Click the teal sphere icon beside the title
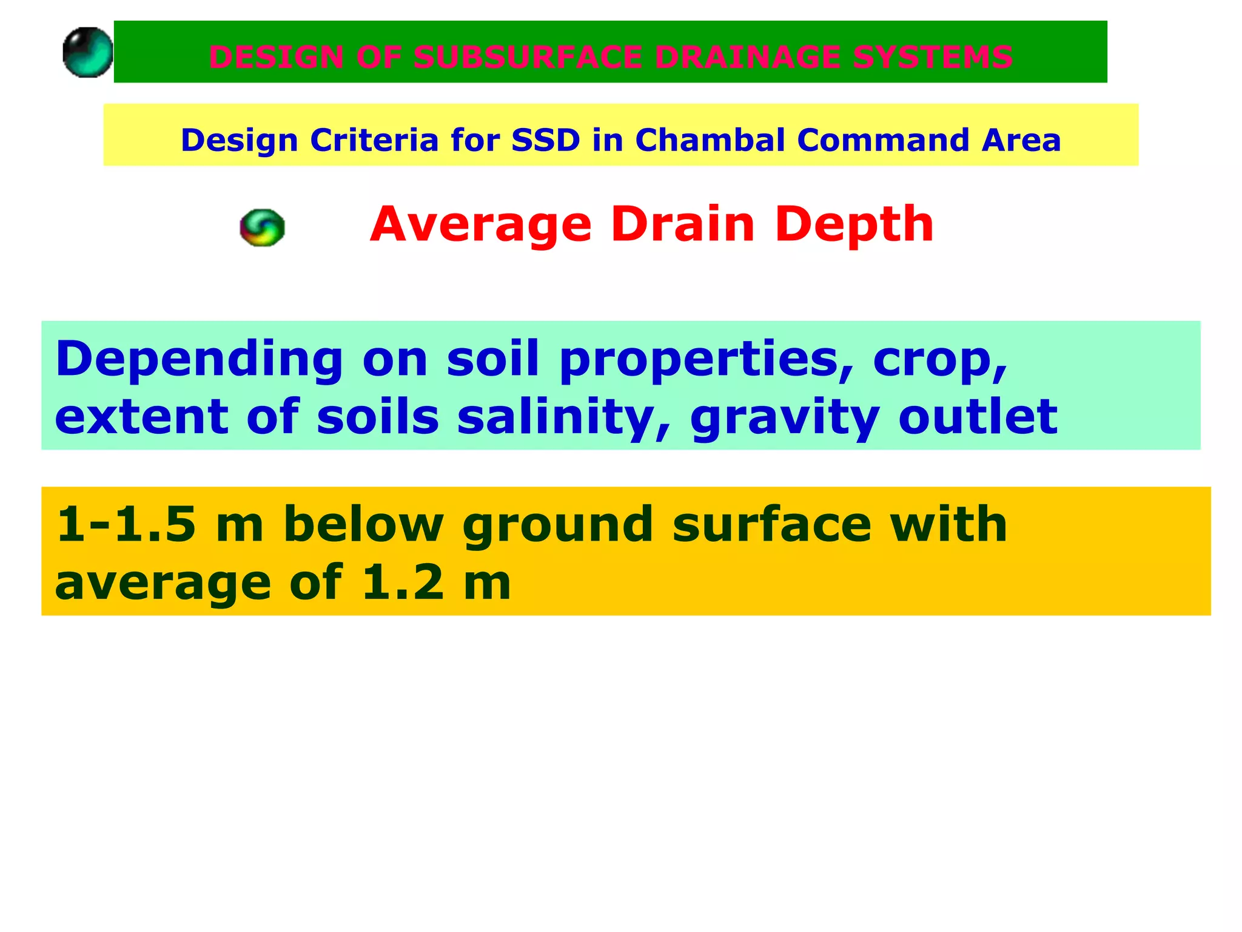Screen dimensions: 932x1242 88,52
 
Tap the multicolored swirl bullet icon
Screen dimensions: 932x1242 262,228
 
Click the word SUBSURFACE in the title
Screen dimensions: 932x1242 528,57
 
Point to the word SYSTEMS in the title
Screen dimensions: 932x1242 932,57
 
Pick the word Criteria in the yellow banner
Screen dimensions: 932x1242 374,140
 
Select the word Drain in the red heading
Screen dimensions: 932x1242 683,224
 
